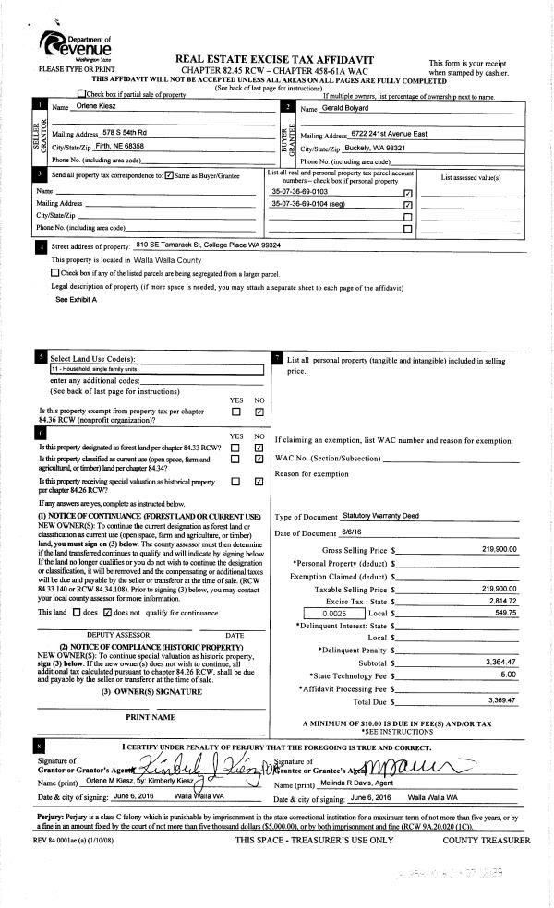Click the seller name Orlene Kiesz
pyautogui.click(x=90, y=108)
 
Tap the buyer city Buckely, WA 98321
pyautogui.click(x=379, y=147)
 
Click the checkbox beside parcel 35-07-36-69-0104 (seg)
pyautogui.click(x=407, y=204)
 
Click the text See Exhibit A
pyautogui.click(x=76, y=300)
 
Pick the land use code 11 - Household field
pyautogui.click(x=157, y=369)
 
